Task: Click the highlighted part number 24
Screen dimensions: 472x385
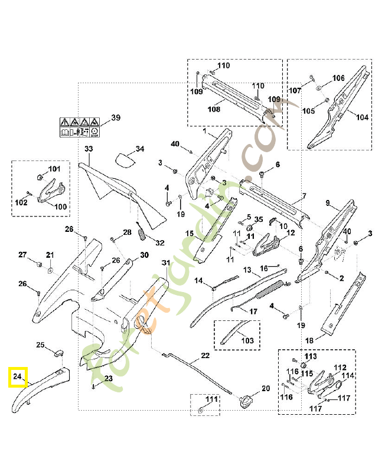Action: [x=18, y=376]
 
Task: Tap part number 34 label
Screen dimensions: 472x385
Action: [x=139, y=149]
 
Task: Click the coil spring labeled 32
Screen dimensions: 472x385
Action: [x=142, y=232]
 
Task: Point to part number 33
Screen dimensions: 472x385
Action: [x=89, y=149]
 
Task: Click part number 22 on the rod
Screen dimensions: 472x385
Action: [x=205, y=356]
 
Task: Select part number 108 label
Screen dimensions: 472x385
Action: [x=213, y=109]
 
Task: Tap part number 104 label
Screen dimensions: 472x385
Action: [x=361, y=117]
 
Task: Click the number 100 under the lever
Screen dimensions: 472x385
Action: [x=60, y=206]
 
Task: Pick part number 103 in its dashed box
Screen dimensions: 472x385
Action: [x=247, y=340]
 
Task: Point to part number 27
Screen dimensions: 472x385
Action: [x=22, y=255]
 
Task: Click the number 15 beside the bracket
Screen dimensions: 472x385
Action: [x=190, y=234]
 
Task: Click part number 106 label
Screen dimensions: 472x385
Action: [x=338, y=78]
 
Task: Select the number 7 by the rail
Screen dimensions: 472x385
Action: [x=304, y=196]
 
